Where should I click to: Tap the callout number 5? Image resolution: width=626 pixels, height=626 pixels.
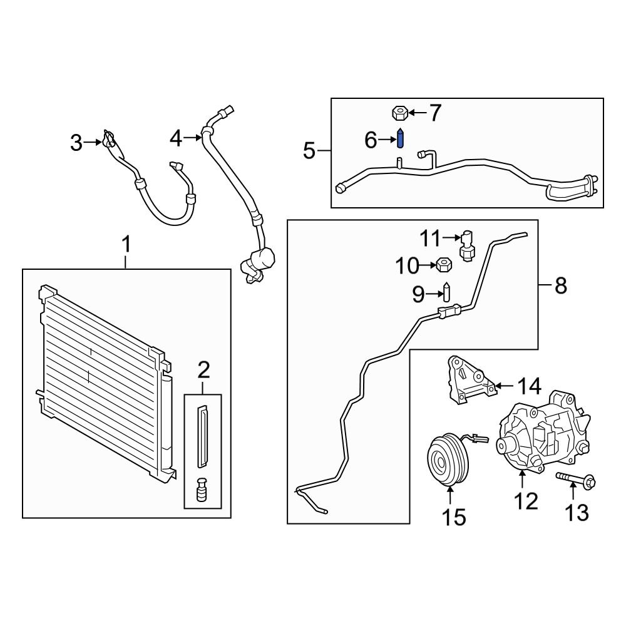(x=309, y=151)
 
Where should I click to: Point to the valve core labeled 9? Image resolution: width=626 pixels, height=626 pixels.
(x=447, y=292)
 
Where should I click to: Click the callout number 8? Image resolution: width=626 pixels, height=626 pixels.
(x=560, y=286)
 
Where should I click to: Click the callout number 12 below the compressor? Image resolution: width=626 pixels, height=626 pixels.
(x=526, y=501)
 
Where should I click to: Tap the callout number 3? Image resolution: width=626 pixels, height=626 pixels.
(x=76, y=143)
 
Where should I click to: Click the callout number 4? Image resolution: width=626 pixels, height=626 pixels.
(x=176, y=138)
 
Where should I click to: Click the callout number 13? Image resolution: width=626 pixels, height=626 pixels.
(x=577, y=513)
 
